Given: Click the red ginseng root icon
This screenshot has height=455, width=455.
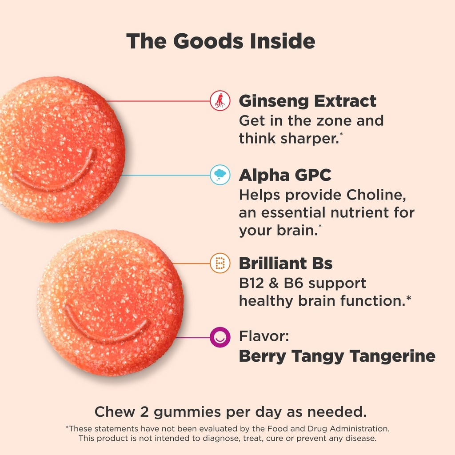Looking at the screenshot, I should pos(220,101).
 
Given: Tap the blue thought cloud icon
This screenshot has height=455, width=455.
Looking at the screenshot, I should pos(220,175).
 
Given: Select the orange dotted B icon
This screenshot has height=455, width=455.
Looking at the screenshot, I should pos(220,263).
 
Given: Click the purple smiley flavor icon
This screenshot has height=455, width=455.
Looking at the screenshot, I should pos(220,337).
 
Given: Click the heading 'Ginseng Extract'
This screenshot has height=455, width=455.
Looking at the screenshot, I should pos(307,101).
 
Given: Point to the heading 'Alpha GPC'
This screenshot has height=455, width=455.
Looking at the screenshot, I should pos(285,176).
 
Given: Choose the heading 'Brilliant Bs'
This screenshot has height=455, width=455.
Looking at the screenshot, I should pos(286,263).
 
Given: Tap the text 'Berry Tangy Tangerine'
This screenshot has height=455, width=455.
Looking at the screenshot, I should pos(337,356).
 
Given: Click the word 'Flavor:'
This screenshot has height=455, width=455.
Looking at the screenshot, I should pos(264,336).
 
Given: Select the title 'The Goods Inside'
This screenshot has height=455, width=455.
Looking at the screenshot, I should pos(221,41).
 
